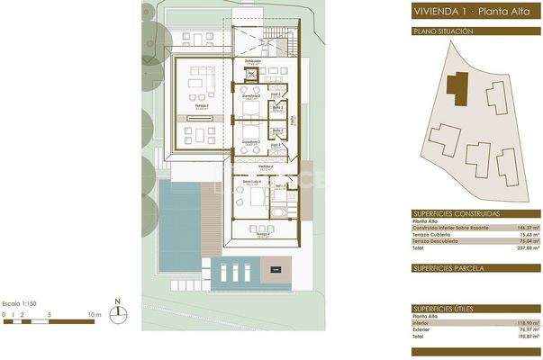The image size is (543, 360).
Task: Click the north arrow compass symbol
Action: [117, 313]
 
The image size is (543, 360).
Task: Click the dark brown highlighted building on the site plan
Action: [458, 87]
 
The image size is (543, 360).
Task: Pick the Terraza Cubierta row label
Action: [438, 235]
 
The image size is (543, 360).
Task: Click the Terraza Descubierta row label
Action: [441, 242]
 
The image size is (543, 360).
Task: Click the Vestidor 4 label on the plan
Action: [266, 166]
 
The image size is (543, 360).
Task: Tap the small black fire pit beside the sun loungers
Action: [276, 268]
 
